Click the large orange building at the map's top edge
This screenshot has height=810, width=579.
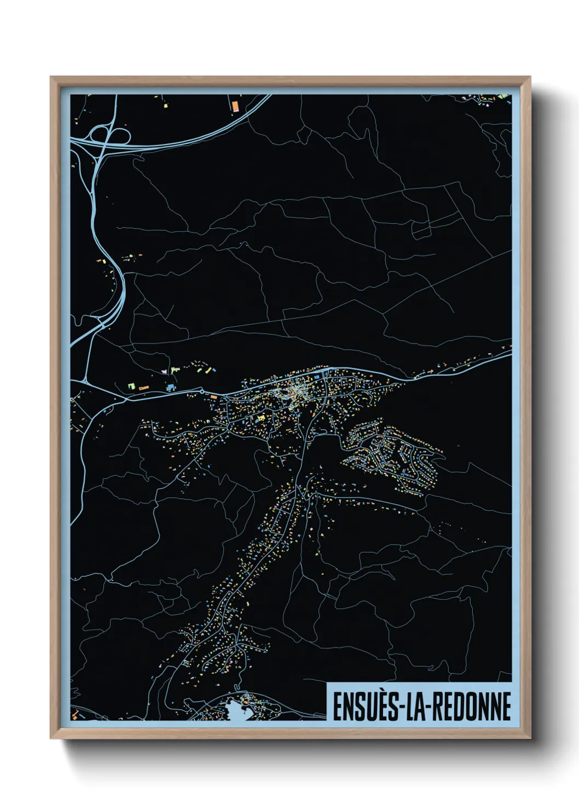tap(235, 105)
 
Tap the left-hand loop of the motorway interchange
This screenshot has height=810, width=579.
tap(100, 133)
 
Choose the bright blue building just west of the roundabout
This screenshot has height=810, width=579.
tap(171, 387)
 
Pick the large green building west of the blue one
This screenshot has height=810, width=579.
tap(131, 386)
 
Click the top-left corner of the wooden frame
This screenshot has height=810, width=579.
tap(51, 77)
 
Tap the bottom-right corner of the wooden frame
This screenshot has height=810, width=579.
tap(530, 738)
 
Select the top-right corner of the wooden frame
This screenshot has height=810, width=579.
tap(530, 77)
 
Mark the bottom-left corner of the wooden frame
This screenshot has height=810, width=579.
tap(51, 738)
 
